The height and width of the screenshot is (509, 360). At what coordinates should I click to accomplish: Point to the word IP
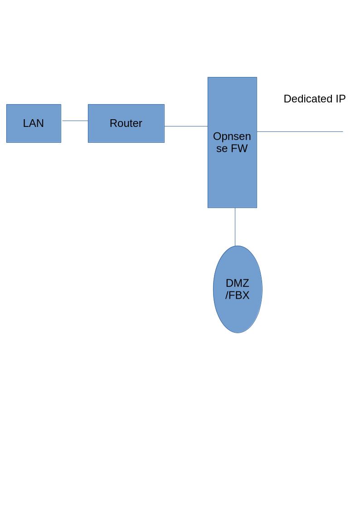(341, 99)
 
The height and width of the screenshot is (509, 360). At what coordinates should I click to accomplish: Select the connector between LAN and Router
(75, 121)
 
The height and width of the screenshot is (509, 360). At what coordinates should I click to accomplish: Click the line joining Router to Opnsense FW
(186, 126)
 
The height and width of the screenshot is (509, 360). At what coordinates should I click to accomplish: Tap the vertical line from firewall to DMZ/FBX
(235, 227)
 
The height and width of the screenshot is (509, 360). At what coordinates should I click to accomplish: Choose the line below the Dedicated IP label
(300, 131)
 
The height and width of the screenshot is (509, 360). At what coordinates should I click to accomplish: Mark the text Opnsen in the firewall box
(232, 136)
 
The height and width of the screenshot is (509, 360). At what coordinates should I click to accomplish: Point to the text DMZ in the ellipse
(237, 283)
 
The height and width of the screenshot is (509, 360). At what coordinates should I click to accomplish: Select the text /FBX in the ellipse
(237, 295)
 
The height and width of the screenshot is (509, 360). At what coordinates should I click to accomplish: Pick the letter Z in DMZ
(245, 283)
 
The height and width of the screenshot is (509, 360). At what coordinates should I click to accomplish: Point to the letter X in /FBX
(245, 295)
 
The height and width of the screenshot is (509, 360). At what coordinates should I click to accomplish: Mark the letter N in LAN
(40, 123)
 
